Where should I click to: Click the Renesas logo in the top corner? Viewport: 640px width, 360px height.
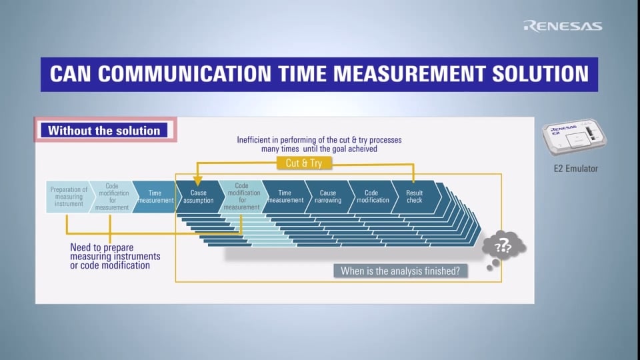tap(563, 26)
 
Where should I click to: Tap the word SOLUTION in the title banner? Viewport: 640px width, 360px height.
tap(541, 74)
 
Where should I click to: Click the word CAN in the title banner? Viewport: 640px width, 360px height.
tap(70, 74)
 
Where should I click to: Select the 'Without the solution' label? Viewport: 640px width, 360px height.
tap(104, 130)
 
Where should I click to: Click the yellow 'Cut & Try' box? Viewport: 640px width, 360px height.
tap(304, 163)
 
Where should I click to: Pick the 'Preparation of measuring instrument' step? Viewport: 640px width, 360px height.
tap(68, 197)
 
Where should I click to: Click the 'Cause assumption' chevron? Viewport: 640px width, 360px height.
tap(199, 197)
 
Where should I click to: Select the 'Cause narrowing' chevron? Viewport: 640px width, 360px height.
tap(328, 197)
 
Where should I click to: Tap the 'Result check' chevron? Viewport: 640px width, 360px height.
tap(415, 197)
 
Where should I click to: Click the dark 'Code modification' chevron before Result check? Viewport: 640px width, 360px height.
tap(372, 197)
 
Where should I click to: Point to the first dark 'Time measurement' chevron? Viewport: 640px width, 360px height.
tap(155, 197)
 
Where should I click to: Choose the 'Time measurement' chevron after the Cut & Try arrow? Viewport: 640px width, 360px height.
tap(285, 197)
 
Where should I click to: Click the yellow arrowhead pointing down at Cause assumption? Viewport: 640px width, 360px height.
tap(197, 181)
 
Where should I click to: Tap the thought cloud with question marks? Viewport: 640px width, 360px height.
tap(503, 246)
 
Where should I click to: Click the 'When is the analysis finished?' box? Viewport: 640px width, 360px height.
tap(401, 271)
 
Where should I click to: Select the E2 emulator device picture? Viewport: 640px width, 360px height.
tap(574, 137)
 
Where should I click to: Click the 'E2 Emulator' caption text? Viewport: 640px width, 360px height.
tap(575, 169)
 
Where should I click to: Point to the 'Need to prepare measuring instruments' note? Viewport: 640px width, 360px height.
tap(115, 256)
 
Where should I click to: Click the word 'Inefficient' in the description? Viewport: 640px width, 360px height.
tap(253, 140)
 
